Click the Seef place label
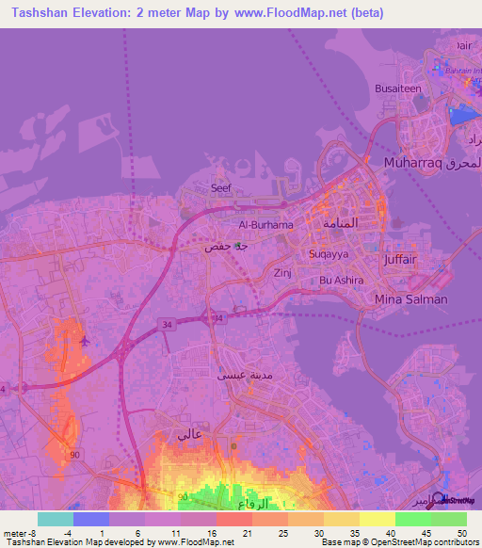(221, 187)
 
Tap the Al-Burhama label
(266, 225)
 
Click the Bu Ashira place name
(340, 280)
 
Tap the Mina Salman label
(410, 298)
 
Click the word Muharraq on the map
(410, 163)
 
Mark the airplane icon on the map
(86, 340)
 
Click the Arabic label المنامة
(339, 224)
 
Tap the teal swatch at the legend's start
(56, 519)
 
